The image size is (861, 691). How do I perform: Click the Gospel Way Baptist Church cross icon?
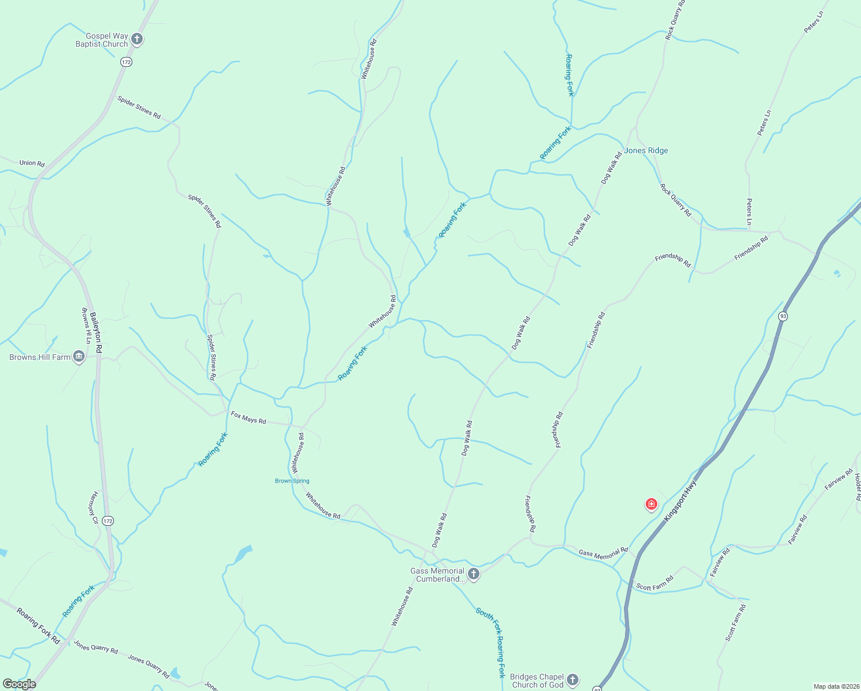tap(136, 39)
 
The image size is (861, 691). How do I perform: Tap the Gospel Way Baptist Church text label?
tap(102, 40)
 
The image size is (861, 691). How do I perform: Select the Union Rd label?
tap(32, 163)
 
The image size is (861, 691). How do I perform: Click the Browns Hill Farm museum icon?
tap(79, 357)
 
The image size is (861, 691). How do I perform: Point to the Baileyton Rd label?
tap(96, 333)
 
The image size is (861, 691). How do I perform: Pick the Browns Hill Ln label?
tap(86, 326)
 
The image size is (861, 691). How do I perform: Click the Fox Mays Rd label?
tap(249, 417)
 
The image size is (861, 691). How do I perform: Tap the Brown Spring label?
tap(292, 481)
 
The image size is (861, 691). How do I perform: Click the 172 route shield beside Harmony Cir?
tap(108, 521)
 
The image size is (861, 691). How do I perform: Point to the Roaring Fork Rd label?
tap(38, 625)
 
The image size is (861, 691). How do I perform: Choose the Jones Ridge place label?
tap(646, 150)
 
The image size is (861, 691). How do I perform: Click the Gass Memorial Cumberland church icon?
tap(474, 574)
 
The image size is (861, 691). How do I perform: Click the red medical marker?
tap(651, 505)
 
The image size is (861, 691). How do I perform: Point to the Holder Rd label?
tap(858, 487)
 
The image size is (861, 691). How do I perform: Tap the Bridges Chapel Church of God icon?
tap(573, 680)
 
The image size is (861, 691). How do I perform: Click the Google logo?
tap(20, 684)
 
